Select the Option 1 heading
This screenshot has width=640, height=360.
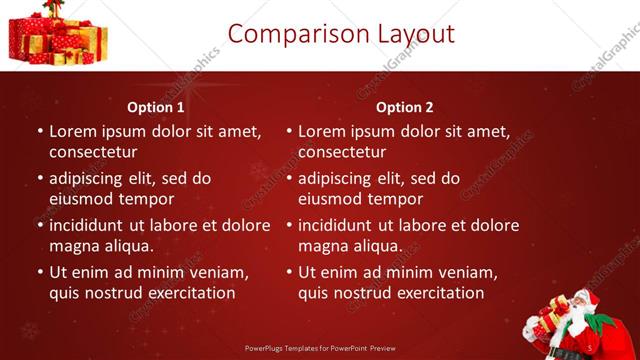coord(156,107)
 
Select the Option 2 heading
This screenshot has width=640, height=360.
coord(405,107)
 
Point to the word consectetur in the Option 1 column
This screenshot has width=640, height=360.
coord(93,152)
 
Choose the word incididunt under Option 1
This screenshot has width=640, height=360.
coord(93,225)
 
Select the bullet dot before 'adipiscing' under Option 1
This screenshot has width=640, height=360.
coord(39,179)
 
